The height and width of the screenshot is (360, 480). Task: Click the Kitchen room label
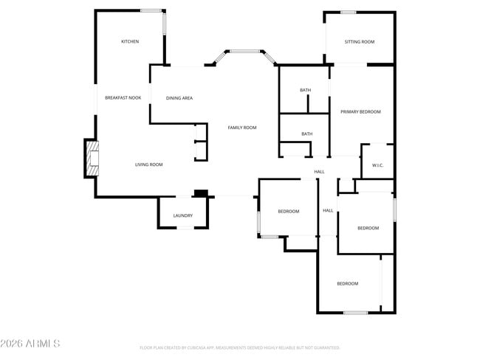pyautogui.click(x=130, y=41)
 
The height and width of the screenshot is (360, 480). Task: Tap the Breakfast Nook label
pyautogui.click(x=123, y=97)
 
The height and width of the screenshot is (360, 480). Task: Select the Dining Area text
pyautogui.click(x=179, y=97)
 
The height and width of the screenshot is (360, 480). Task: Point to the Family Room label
pyautogui.click(x=241, y=128)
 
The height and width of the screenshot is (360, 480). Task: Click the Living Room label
pyautogui.click(x=148, y=165)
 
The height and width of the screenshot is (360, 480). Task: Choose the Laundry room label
pyautogui.click(x=182, y=215)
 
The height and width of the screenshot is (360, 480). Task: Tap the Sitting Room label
pyautogui.click(x=359, y=41)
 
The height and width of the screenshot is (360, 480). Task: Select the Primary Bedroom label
pyautogui.click(x=360, y=111)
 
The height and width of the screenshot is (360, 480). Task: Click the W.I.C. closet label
pyautogui.click(x=377, y=165)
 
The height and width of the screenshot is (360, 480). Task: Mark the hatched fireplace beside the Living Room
pyautogui.click(x=92, y=159)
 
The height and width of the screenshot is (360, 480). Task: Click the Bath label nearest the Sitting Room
pyautogui.click(x=305, y=90)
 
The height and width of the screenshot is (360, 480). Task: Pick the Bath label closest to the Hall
pyautogui.click(x=306, y=134)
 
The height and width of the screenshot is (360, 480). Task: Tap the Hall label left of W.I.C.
pyautogui.click(x=319, y=172)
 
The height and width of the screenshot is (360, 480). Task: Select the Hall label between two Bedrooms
pyautogui.click(x=328, y=211)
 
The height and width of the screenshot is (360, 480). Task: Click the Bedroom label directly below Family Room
pyautogui.click(x=288, y=212)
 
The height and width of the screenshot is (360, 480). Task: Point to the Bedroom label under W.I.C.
pyautogui.click(x=368, y=228)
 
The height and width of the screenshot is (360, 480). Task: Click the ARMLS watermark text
pyautogui.click(x=31, y=344)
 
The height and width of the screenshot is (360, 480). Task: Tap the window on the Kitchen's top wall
pyautogui.click(x=151, y=10)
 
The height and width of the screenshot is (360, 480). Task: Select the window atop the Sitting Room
pyautogui.click(x=348, y=12)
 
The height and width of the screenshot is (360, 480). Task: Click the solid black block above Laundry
pyautogui.click(x=199, y=193)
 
